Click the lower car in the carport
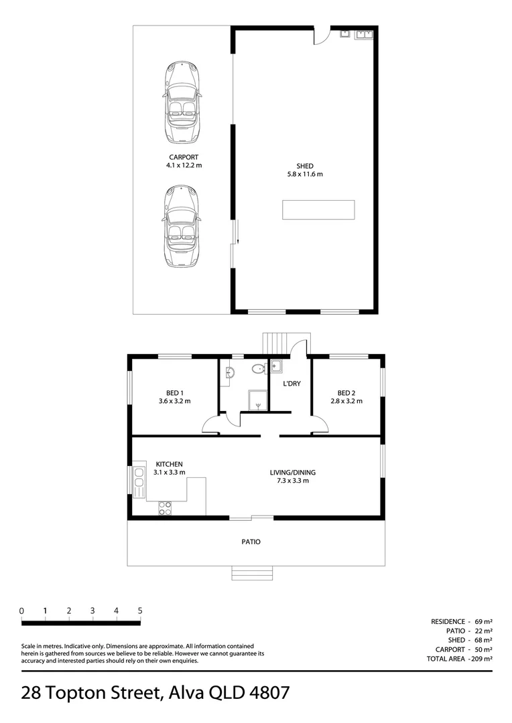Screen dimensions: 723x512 182,227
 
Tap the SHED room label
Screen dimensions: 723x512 305,166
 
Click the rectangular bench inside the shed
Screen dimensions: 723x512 318,210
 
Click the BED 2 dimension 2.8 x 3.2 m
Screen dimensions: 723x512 346,402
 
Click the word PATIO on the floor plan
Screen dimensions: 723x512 251,542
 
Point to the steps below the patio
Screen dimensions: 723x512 252,573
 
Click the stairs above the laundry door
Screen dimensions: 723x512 277,343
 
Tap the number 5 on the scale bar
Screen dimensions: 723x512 140,611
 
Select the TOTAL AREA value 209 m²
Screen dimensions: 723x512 482,659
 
